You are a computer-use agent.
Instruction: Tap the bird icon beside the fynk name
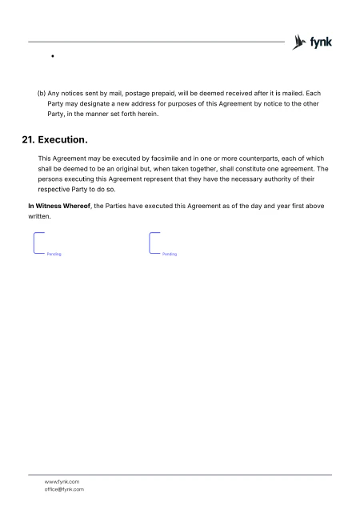point(300,42)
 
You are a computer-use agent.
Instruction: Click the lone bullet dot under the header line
point(51,58)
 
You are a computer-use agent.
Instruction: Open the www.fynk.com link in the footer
point(62,480)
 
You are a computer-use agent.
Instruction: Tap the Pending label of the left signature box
point(54,254)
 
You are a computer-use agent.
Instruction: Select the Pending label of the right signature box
point(170,254)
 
